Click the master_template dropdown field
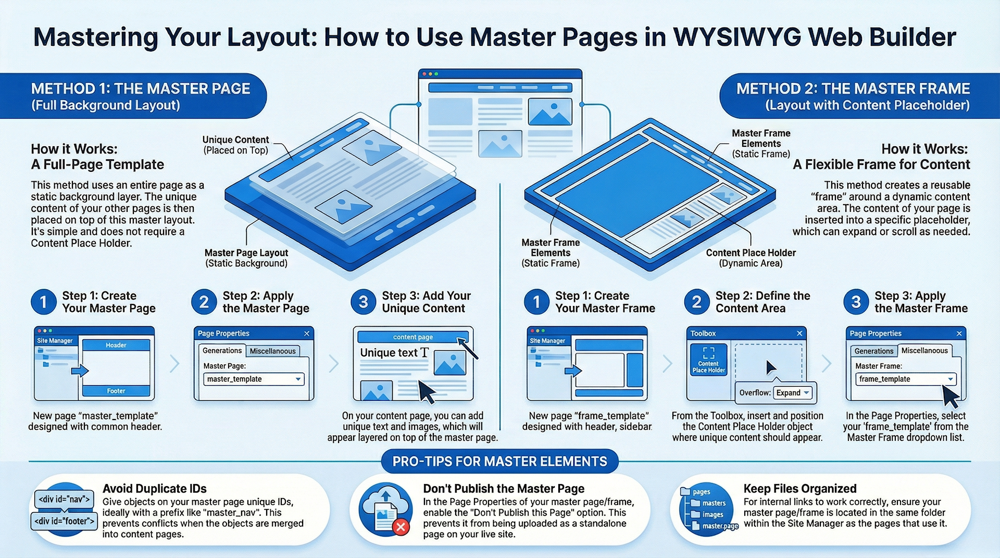click(254, 379)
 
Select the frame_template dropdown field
click(906, 379)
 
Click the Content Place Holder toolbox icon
click(708, 360)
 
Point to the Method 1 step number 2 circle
click(204, 302)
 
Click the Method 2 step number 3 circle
click(856, 302)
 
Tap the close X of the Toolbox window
click(799, 333)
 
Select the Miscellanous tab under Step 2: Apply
click(272, 351)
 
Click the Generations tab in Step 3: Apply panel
click(873, 351)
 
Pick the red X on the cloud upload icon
click(401, 527)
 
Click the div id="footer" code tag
click(65, 521)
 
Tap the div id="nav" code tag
click(64, 499)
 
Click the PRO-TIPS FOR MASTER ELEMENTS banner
click(499, 462)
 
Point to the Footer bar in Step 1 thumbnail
click(116, 391)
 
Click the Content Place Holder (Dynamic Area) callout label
click(751, 258)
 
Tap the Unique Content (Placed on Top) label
click(235, 145)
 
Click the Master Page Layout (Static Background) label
click(246, 258)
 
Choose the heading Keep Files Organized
click(800, 489)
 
